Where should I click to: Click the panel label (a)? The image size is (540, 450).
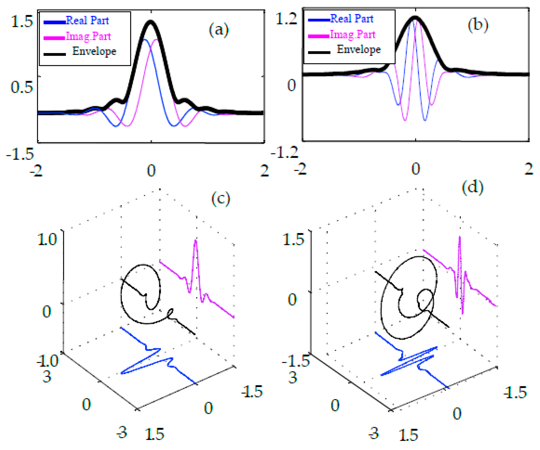tap(219, 30)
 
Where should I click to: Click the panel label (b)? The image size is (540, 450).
tap(478, 26)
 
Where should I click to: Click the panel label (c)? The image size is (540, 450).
tap(221, 199)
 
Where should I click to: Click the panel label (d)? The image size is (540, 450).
tap(472, 187)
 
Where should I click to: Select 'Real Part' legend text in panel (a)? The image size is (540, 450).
tap(87, 21)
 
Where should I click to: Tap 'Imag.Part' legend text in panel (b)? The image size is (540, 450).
tap(352, 35)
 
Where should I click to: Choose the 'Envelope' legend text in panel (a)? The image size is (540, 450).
tap(94, 51)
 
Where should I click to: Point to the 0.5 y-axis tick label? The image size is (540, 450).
tap(22, 87)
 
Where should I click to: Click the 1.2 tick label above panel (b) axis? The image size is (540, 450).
tap(286, 19)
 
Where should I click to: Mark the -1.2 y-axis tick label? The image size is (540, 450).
tap(284, 152)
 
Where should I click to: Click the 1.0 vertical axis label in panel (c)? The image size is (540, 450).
tap(47, 239)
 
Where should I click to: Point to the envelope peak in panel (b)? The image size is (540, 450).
tap(415, 17)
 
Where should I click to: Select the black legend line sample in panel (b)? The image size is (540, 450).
tap(319, 52)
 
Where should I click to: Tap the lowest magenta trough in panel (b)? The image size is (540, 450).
tap(405, 120)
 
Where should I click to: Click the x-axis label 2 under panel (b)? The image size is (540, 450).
tap(529, 169)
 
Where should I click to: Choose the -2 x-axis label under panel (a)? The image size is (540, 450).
tap(36, 171)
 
